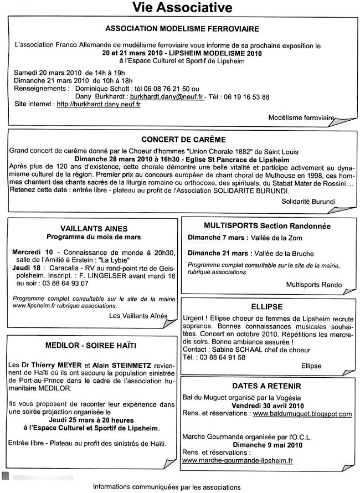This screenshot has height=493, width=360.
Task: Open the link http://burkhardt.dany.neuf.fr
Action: tap(98, 104)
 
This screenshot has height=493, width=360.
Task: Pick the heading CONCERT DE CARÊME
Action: tap(183, 140)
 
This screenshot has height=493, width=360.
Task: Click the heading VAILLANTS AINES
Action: tap(94, 228)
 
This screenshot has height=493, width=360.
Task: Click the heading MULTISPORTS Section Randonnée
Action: tap(267, 226)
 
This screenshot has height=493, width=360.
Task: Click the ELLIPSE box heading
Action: tap(267, 306)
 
